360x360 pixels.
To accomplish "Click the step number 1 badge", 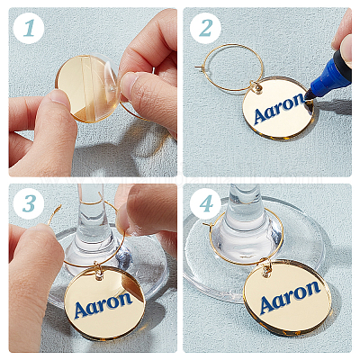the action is (x=29, y=29).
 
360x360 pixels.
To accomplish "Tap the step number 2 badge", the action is (x=205, y=29).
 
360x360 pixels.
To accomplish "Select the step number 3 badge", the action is (x=29, y=204).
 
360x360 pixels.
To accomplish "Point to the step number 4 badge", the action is (x=205, y=204).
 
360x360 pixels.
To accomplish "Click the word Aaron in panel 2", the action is (x=279, y=108).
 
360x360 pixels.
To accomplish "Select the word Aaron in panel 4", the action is (x=290, y=296).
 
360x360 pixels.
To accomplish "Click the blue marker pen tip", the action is (x=308, y=95).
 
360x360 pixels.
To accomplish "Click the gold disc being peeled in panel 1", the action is (x=87, y=88).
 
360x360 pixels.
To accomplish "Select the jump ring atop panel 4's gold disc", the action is (x=266, y=268).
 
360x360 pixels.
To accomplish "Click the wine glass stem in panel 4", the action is (x=243, y=210).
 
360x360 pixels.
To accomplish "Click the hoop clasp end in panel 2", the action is (x=199, y=67).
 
